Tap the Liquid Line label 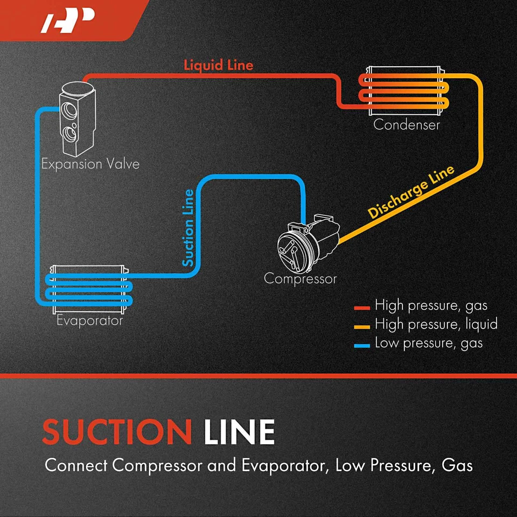click(x=218, y=65)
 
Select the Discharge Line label click(x=411, y=191)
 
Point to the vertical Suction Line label click(x=188, y=227)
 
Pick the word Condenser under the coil click(x=407, y=125)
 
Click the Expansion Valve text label click(x=90, y=164)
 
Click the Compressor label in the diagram click(x=300, y=279)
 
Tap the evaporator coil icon click(x=89, y=289)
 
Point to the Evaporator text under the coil click(x=90, y=321)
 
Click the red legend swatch click(x=362, y=308)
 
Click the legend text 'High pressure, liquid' click(x=436, y=324)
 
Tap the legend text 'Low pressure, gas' click(x=429, y=343)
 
